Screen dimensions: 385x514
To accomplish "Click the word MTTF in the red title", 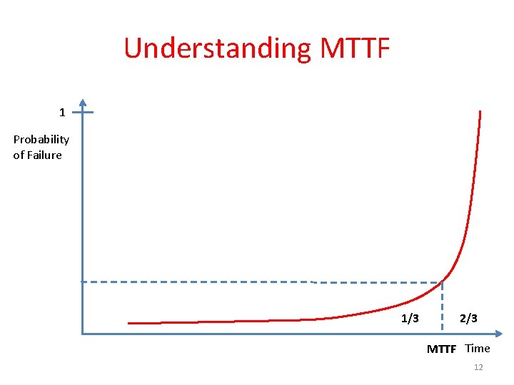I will tap(355, 48).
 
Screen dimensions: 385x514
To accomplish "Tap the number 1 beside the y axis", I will tap(62, 112).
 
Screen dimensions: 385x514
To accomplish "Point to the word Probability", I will tap(41, 139).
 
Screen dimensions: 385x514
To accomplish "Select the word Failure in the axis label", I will tap(44, 155).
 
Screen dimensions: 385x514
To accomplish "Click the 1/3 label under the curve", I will tap(410, 319).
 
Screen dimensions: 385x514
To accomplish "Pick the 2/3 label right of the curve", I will tap(468, 319).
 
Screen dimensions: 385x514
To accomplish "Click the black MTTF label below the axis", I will tap(441, 349).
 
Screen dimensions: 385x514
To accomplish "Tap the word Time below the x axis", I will tap(478, 349).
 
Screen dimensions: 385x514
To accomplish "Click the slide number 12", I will tap(478, 367).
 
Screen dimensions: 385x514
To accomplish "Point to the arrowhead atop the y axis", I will tap(83, 102).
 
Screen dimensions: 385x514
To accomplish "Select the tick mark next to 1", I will tap(84, 112).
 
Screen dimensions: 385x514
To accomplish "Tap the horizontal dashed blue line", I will tap(214, 282).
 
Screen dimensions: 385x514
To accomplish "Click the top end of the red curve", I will tap(480, 112).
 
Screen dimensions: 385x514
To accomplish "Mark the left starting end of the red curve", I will tap(129, 323).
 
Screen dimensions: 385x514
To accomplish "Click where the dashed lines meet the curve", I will tap(443, 281).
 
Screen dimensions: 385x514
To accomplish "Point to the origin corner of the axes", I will tap(83, 333).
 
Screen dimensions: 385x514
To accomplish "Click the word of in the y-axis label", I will tap(19, 155).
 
